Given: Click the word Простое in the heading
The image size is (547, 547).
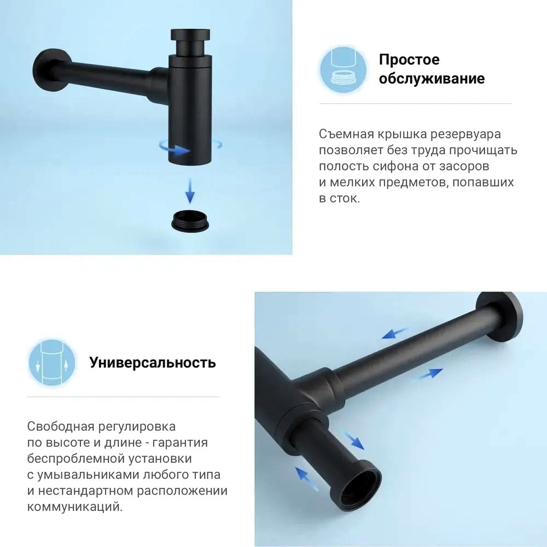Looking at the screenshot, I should tap(409, 60).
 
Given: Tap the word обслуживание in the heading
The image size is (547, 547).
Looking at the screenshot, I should tap(432, 79).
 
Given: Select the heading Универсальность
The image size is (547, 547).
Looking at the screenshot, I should tap(153, 363).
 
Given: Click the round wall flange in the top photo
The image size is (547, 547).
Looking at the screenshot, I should tap(47, 70).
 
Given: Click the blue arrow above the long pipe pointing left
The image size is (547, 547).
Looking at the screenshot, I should tap(395, 333).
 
